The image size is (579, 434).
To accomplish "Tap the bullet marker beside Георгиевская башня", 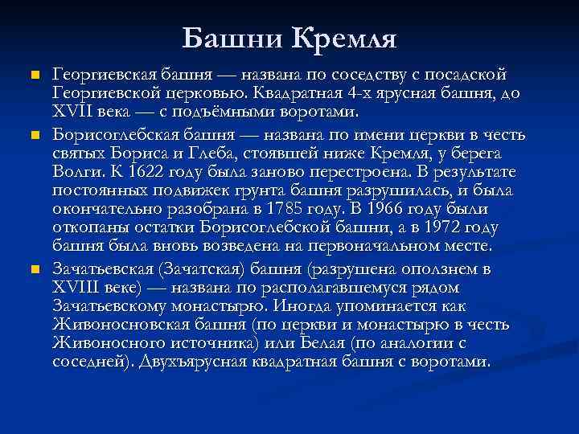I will coord(32,76).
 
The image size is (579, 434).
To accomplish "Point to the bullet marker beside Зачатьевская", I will coord(32,268).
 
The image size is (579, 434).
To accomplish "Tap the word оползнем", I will coord(441,268).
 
